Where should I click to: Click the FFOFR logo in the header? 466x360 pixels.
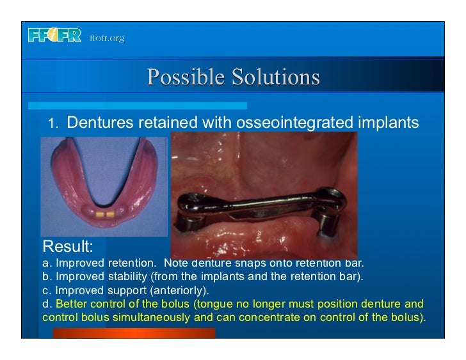click(x=54, y=36)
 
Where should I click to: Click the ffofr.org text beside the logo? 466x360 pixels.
click(x=106, y=38)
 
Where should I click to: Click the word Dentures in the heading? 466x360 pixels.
click(x=101, y=122)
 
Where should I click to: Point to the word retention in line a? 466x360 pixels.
click(x=136, y=263)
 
